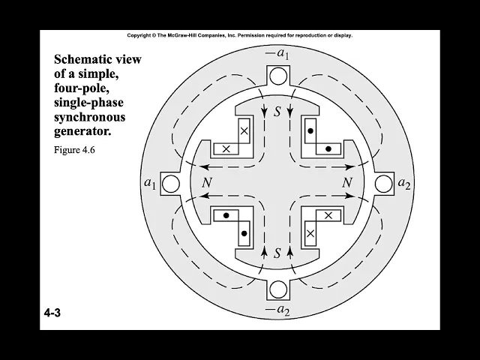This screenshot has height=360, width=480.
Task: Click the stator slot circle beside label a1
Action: coord(171,183)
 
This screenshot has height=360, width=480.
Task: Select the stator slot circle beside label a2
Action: coord(382,183)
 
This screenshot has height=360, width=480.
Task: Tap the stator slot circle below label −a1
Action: coord(277,75)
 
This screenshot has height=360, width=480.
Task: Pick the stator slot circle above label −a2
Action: coord(277,290)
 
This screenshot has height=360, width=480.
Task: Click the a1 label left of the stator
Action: coord(150,183)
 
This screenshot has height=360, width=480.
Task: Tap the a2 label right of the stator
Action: coord(403,183)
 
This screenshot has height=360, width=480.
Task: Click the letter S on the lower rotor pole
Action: coord(277,253)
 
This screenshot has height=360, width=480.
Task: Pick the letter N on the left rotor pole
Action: coord(206,183)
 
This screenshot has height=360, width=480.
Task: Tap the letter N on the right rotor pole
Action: coord(346,183)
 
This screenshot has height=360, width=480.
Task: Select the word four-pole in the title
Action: coord(82,88)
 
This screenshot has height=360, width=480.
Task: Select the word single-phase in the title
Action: coord(88,103)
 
